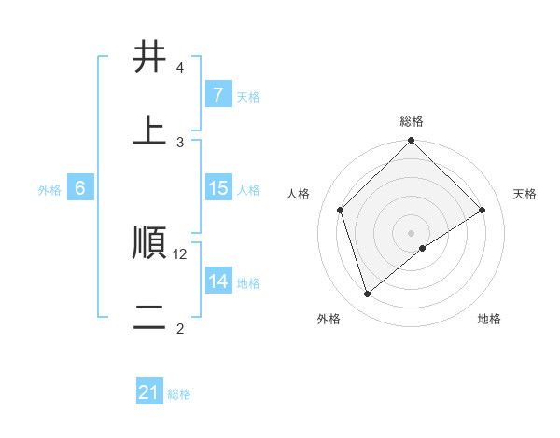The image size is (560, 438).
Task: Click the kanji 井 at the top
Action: click(x=150, y=58)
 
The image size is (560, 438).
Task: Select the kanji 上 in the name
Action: click(x=150, y=131)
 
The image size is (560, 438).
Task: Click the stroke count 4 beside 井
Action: click(x=180, y=68)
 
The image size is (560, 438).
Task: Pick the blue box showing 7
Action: click(x=217, y=94)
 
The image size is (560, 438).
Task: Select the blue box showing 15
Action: click(x=217, y=188)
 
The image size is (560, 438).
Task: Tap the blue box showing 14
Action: click(x=217, y=281)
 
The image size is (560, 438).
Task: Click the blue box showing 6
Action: click(x=80, y=188)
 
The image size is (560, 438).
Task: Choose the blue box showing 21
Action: click(x=149, y=392)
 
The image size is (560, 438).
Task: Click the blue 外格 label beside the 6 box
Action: click(x=49, y=189)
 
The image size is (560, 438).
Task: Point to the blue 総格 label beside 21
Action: click(x=179, y=394)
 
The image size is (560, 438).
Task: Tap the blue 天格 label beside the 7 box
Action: click(x=248, y=96)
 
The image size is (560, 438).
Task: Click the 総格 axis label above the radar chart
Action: click(x=412, y=121)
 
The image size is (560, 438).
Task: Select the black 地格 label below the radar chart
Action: click(x=489, y=320)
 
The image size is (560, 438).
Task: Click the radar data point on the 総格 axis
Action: click(x=411, y=142)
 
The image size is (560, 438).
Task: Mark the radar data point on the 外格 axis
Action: click(x=367, y=294)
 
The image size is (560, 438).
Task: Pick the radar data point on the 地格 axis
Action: click(x=423, y=248)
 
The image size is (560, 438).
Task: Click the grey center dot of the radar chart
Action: click(x=411, y=232)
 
